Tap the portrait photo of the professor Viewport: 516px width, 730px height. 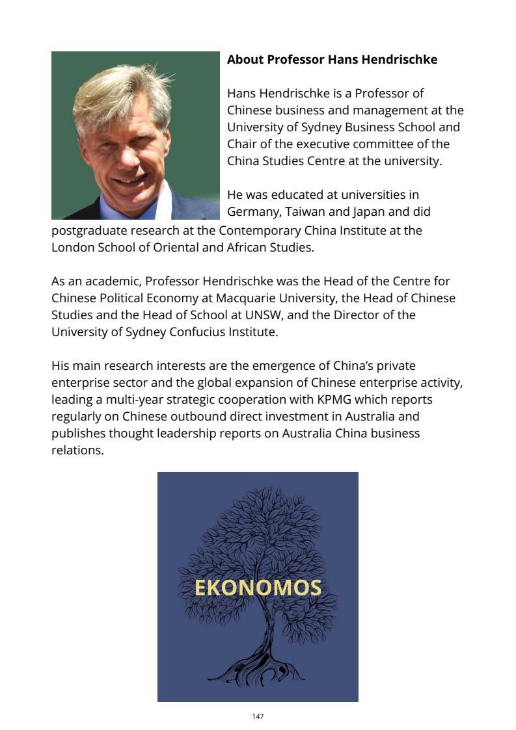pos(135,135)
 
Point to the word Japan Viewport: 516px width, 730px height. pos(369,212)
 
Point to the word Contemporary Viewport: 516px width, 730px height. pos(259,230)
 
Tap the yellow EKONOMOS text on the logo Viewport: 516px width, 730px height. pos(258,588)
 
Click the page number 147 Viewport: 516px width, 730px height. pos(258,716)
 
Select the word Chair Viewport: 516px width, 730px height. pos(243,144)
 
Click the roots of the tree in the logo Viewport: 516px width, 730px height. pos(254,673)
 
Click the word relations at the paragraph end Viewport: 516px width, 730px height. pos(77,450)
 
